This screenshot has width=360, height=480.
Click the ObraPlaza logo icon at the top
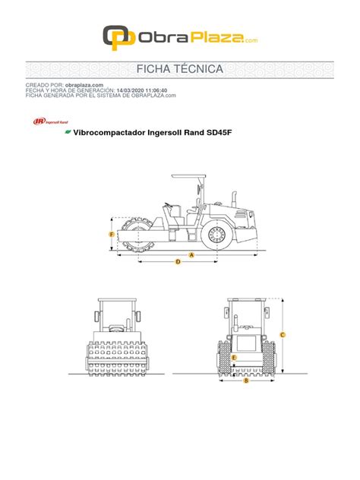(x=115, y=36)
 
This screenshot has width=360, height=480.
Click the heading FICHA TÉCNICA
(x=180, y=70)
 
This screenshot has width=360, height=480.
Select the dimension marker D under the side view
(x=178, y=262)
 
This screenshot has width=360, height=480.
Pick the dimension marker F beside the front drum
(x=112, y=235)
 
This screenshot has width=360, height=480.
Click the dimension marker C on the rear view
(x=283, y=334)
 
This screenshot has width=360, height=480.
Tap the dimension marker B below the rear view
(x=246, y=381)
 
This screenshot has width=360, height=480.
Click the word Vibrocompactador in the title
(x=112, y=132)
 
